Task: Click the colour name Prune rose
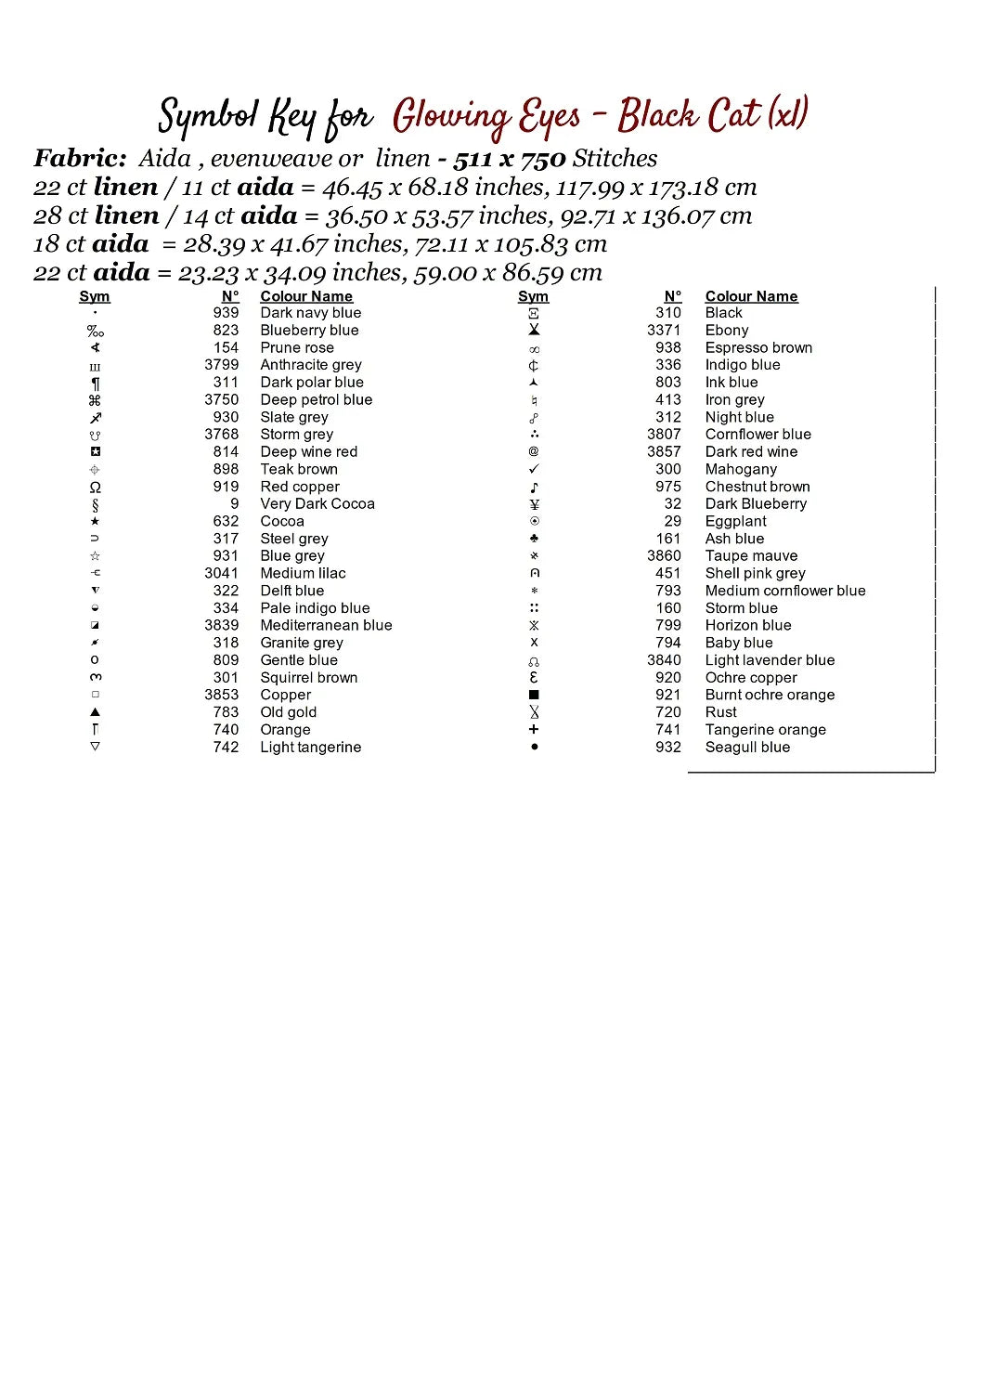click(x=296, y=347)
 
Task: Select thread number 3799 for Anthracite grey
click(x=221, y=365)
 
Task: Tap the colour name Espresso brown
click(x=758, y=347)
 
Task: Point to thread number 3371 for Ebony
click(x=664, y=330)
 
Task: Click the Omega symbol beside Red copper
click(x=95, y=487)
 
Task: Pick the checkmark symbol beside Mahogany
click(x=534, y=469)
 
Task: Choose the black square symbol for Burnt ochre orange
click(x=534, y=695)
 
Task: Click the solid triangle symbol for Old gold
click(x=95, y=712)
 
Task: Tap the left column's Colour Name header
click(x=306, y=296)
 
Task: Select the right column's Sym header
click(x=533, y=296)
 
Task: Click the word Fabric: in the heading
click(x=80, y=158)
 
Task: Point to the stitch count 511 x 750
click(x=509, y=159)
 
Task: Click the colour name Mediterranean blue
click(x=326, y=625)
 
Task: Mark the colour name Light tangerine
click(x=310, y=747)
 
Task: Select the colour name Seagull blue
click(x=747, y=747)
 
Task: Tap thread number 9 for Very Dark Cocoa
click(x=235, y=503)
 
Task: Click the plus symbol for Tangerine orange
click(x=534, y=730)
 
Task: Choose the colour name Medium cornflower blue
click(x=784, y=591)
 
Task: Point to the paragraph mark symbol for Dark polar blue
click(x=95, y=383)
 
